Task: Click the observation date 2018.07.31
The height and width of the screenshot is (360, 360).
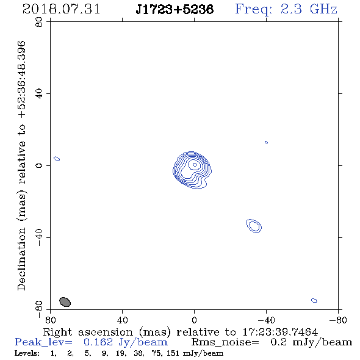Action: (61, 9)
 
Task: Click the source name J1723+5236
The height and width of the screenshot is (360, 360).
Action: (175, 9)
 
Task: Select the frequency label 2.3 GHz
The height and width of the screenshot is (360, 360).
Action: (309, 9)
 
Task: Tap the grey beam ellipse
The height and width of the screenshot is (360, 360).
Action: (65, 302)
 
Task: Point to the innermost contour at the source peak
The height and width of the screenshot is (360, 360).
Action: (195, 164)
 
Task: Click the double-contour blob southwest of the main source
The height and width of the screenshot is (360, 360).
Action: (254, 226)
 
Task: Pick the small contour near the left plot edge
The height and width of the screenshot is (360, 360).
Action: (57, 159)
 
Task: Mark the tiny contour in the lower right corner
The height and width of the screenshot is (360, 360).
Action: (314, 300)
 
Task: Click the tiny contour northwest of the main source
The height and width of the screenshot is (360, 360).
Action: (266, 142)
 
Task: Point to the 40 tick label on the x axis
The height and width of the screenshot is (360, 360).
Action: (122, 320)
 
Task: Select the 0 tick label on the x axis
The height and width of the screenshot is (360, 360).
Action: (194, 320)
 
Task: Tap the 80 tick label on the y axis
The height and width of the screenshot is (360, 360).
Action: (39, 22)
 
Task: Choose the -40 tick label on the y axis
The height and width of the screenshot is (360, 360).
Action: (39, 237)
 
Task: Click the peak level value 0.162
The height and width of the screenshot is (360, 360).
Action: (98, 342)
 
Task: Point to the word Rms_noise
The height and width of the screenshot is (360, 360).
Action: (225, 342)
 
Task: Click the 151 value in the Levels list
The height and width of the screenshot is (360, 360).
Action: (173, 353)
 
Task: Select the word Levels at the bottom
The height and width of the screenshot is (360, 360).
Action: (27, 353)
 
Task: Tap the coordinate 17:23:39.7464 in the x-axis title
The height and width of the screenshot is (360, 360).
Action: (280, 332)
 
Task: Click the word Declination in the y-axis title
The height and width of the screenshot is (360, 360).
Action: (21, 259)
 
